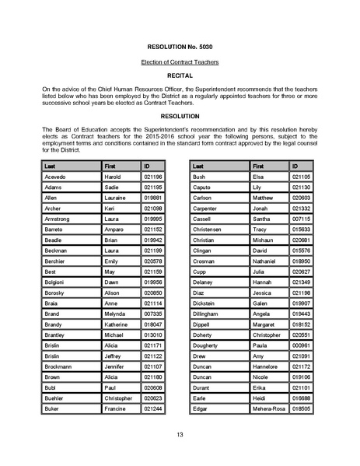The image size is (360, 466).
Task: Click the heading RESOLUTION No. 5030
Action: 180,46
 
